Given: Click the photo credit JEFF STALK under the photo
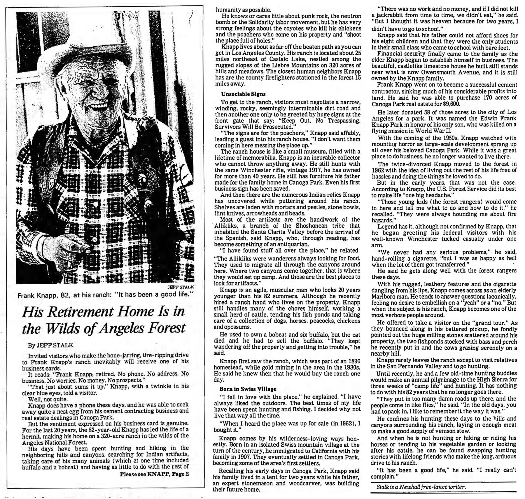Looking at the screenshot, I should [x=181, y=287].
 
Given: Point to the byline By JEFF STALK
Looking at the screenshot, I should [x=51, y=345].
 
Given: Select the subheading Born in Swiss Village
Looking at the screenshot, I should [x=248, y=389].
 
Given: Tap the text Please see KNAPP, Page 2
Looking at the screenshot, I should [x=154, y=474].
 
